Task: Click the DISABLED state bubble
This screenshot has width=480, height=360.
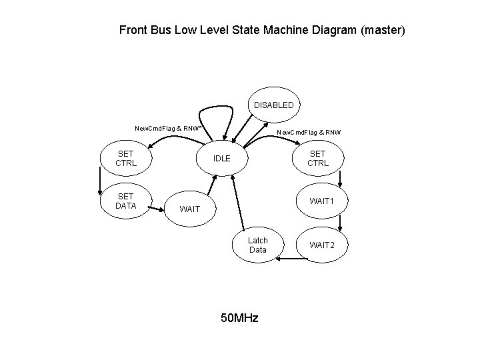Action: tap(273, 105)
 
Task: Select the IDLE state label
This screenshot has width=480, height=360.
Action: tap(221, 159)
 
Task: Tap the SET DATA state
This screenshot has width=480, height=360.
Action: tap(126, 201)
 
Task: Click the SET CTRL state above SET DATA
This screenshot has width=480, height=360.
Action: tap(126, 158)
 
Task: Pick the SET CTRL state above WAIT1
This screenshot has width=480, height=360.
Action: tap(318, 158)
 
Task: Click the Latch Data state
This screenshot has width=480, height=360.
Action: tap(257, 245)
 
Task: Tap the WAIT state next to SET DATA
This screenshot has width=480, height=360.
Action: tap(190, 209)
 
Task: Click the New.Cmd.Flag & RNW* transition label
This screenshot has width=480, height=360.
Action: tap(169, 128)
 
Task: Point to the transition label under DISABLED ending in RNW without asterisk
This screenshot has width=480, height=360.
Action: tap(309, 132)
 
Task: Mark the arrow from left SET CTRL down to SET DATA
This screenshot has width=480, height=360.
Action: tap(99, 179)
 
